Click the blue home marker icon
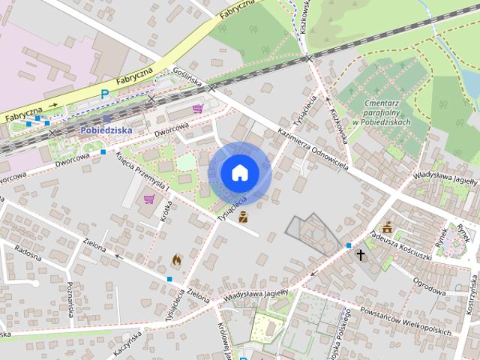click(x=239, y=173)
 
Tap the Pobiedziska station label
click(x=106, y=130)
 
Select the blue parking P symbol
click(x=105, y=94)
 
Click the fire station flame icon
click(x=176, y=259)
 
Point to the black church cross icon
click(x=361, y=255)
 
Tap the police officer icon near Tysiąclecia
click(x=243, y=218)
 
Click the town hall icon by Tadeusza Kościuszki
click(x=387, y=227)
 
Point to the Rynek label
click(x=442, y=237)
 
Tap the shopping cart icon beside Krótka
click(x=149, y=199)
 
